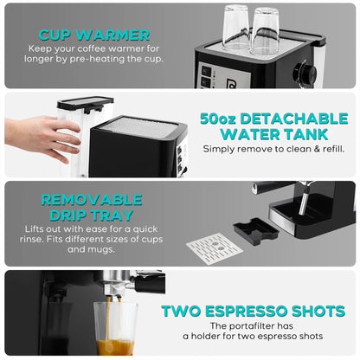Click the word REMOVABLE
coord(90,199)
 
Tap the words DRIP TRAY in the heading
coord(90,215)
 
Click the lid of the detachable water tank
coord(85,102)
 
